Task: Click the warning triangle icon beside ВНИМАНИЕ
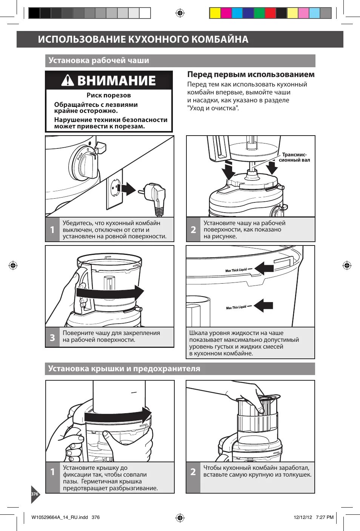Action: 68,80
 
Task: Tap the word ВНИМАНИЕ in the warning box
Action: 116,80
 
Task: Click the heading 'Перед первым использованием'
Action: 251,74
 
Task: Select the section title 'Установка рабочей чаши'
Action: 99,60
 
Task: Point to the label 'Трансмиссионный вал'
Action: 294,157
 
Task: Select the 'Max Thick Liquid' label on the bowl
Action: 236,270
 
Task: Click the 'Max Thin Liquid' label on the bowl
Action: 236,307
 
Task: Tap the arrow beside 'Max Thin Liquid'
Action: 264,305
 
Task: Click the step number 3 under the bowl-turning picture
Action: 52,337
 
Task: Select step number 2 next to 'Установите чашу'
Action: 193,230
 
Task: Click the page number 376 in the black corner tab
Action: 35,494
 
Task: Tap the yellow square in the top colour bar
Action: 215,13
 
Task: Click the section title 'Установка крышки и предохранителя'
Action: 124,369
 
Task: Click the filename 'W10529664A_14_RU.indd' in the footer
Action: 60,517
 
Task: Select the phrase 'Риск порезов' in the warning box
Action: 109,95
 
